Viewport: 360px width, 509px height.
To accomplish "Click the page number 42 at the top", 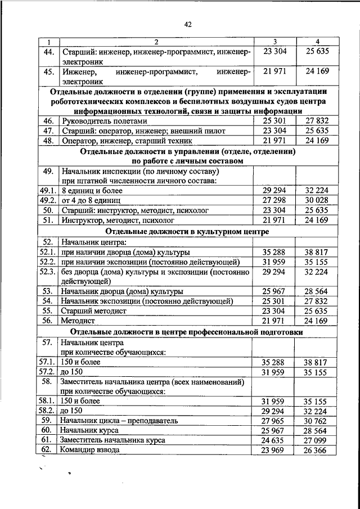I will tap(188, 24).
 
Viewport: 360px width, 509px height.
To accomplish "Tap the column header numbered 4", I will tap(317, 42).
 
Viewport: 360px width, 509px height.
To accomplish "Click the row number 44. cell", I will tap(48, 52).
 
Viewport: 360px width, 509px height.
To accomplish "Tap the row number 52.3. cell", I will tap(47, 272).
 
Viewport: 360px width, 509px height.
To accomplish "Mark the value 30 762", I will tap(317, 420).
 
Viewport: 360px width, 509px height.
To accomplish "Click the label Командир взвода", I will tap(91, 450).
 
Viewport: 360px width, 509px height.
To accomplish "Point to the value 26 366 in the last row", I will tap(317, 450).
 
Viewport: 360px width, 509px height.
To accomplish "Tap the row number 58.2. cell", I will tap(47, 411).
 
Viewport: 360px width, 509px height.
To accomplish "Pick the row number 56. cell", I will tap(48, 321).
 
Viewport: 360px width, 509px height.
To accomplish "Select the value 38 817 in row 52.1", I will tap(317, 252).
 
